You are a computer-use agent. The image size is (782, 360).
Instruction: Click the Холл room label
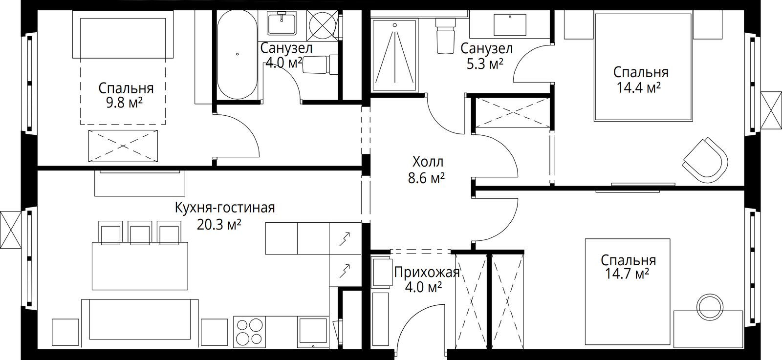click(428, 162)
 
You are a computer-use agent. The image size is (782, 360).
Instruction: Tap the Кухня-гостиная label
click(225, 208)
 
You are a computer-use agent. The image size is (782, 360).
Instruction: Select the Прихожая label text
click(427, 272)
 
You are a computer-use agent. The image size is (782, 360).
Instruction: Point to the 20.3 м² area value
click(219, 225)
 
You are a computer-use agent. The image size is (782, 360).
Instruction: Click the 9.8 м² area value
click(124, 103)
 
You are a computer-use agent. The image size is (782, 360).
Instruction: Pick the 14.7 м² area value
click(627, 274)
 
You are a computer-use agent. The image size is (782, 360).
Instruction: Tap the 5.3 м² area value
click(485, 64)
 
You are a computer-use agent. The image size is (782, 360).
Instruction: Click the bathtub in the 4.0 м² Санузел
click(238, 54)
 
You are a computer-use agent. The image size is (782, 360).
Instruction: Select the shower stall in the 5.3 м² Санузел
click(395, 56)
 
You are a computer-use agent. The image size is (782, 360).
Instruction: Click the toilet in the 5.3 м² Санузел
click(446, 36)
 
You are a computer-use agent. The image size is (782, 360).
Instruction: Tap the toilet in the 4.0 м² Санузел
click(320, 64)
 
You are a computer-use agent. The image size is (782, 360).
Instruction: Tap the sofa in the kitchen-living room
click(140, 324)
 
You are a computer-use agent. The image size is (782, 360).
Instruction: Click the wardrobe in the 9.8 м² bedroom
click(123, 146)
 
